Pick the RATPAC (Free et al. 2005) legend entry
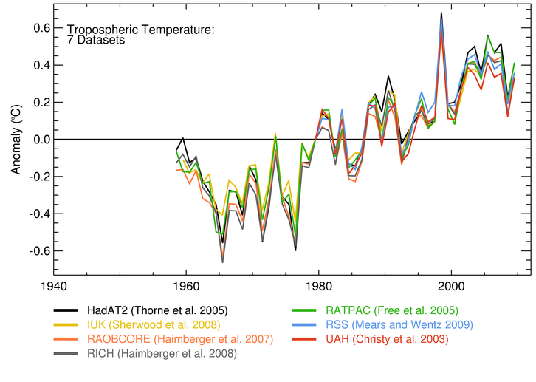pos(392,310)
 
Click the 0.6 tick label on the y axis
pos(38,28)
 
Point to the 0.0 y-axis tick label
pos(38,140)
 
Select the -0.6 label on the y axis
pos(36,251)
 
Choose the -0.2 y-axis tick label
pos(36,177)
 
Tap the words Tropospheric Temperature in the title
pos(140,30)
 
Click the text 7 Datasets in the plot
pos(96,41)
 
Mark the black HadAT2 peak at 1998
pos(441,13)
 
